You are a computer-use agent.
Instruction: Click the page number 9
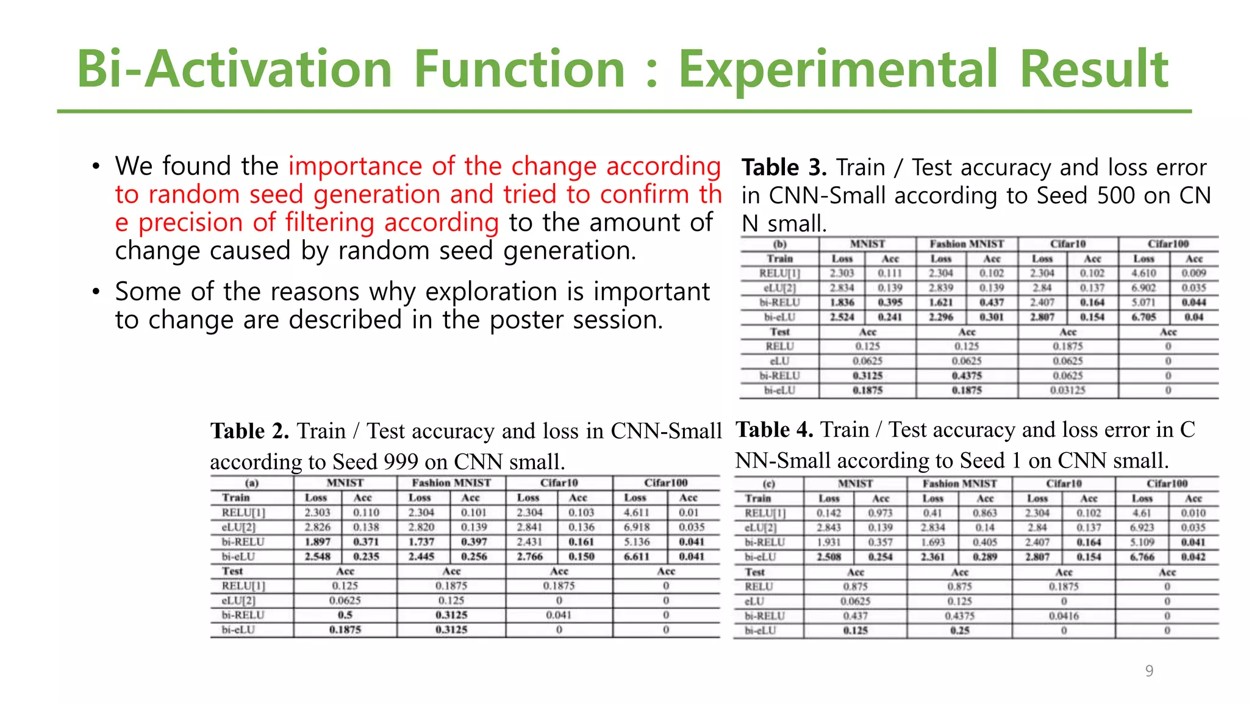pyautogui.click(x=1149, y=671)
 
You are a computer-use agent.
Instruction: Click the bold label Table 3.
pyautogui.click(x=783, y=167)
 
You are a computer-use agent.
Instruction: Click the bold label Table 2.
pyautogui.click(x=249, y=431)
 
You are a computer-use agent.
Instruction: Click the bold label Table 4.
pyautogui.click(x=774, y=430)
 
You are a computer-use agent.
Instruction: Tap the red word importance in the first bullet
pyautogui.click(x=356, y=166)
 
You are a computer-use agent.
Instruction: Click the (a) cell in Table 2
pyautogui.click(x=252, y=483)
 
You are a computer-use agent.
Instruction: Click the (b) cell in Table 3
pyautogui.click(x=779, y=244)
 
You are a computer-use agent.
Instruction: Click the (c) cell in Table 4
pyautogui.click(x=768, y=483)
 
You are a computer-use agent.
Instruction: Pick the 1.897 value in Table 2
pyautogui.click(x=317, y=542)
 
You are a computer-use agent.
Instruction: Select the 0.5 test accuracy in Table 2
pyautogui.click(x=345, y=615)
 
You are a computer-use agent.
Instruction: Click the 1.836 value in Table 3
pyautogui.click(x=842, y=303)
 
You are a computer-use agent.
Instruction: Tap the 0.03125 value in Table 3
pyautogui.click(x=1067, y=391)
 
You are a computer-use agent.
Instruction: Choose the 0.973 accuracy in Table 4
pyautogui.click(x=880, y=513)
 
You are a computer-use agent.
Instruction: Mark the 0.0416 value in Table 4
pyautogui.click(x=1064, y=616)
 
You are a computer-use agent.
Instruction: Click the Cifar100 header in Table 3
pyautogui.click(x=1168, y=244)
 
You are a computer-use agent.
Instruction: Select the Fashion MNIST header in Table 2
pyautogui.click(x=451, y=483)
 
